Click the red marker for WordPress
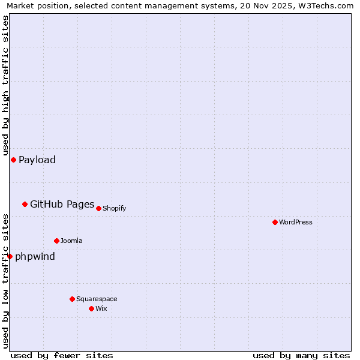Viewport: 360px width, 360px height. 275,222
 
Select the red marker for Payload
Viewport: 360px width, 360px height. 13,160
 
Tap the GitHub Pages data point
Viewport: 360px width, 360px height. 25,204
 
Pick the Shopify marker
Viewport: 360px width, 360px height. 98,208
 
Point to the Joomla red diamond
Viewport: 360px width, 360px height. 56,241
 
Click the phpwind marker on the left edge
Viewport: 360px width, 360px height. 10,256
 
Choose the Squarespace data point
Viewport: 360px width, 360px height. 72,299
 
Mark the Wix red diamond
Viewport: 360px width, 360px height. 91,308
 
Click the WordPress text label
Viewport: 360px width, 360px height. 296,222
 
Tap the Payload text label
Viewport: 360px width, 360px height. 37,160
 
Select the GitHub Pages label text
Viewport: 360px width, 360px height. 62,204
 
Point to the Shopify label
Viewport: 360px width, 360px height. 115,208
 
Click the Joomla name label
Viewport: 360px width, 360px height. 71,241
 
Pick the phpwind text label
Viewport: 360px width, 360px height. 35,256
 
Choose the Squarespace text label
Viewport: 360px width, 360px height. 97,299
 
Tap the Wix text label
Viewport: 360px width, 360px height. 101,308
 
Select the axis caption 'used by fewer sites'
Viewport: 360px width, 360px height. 62,355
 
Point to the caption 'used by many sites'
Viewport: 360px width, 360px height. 301,355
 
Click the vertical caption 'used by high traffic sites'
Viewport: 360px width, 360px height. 6,84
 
